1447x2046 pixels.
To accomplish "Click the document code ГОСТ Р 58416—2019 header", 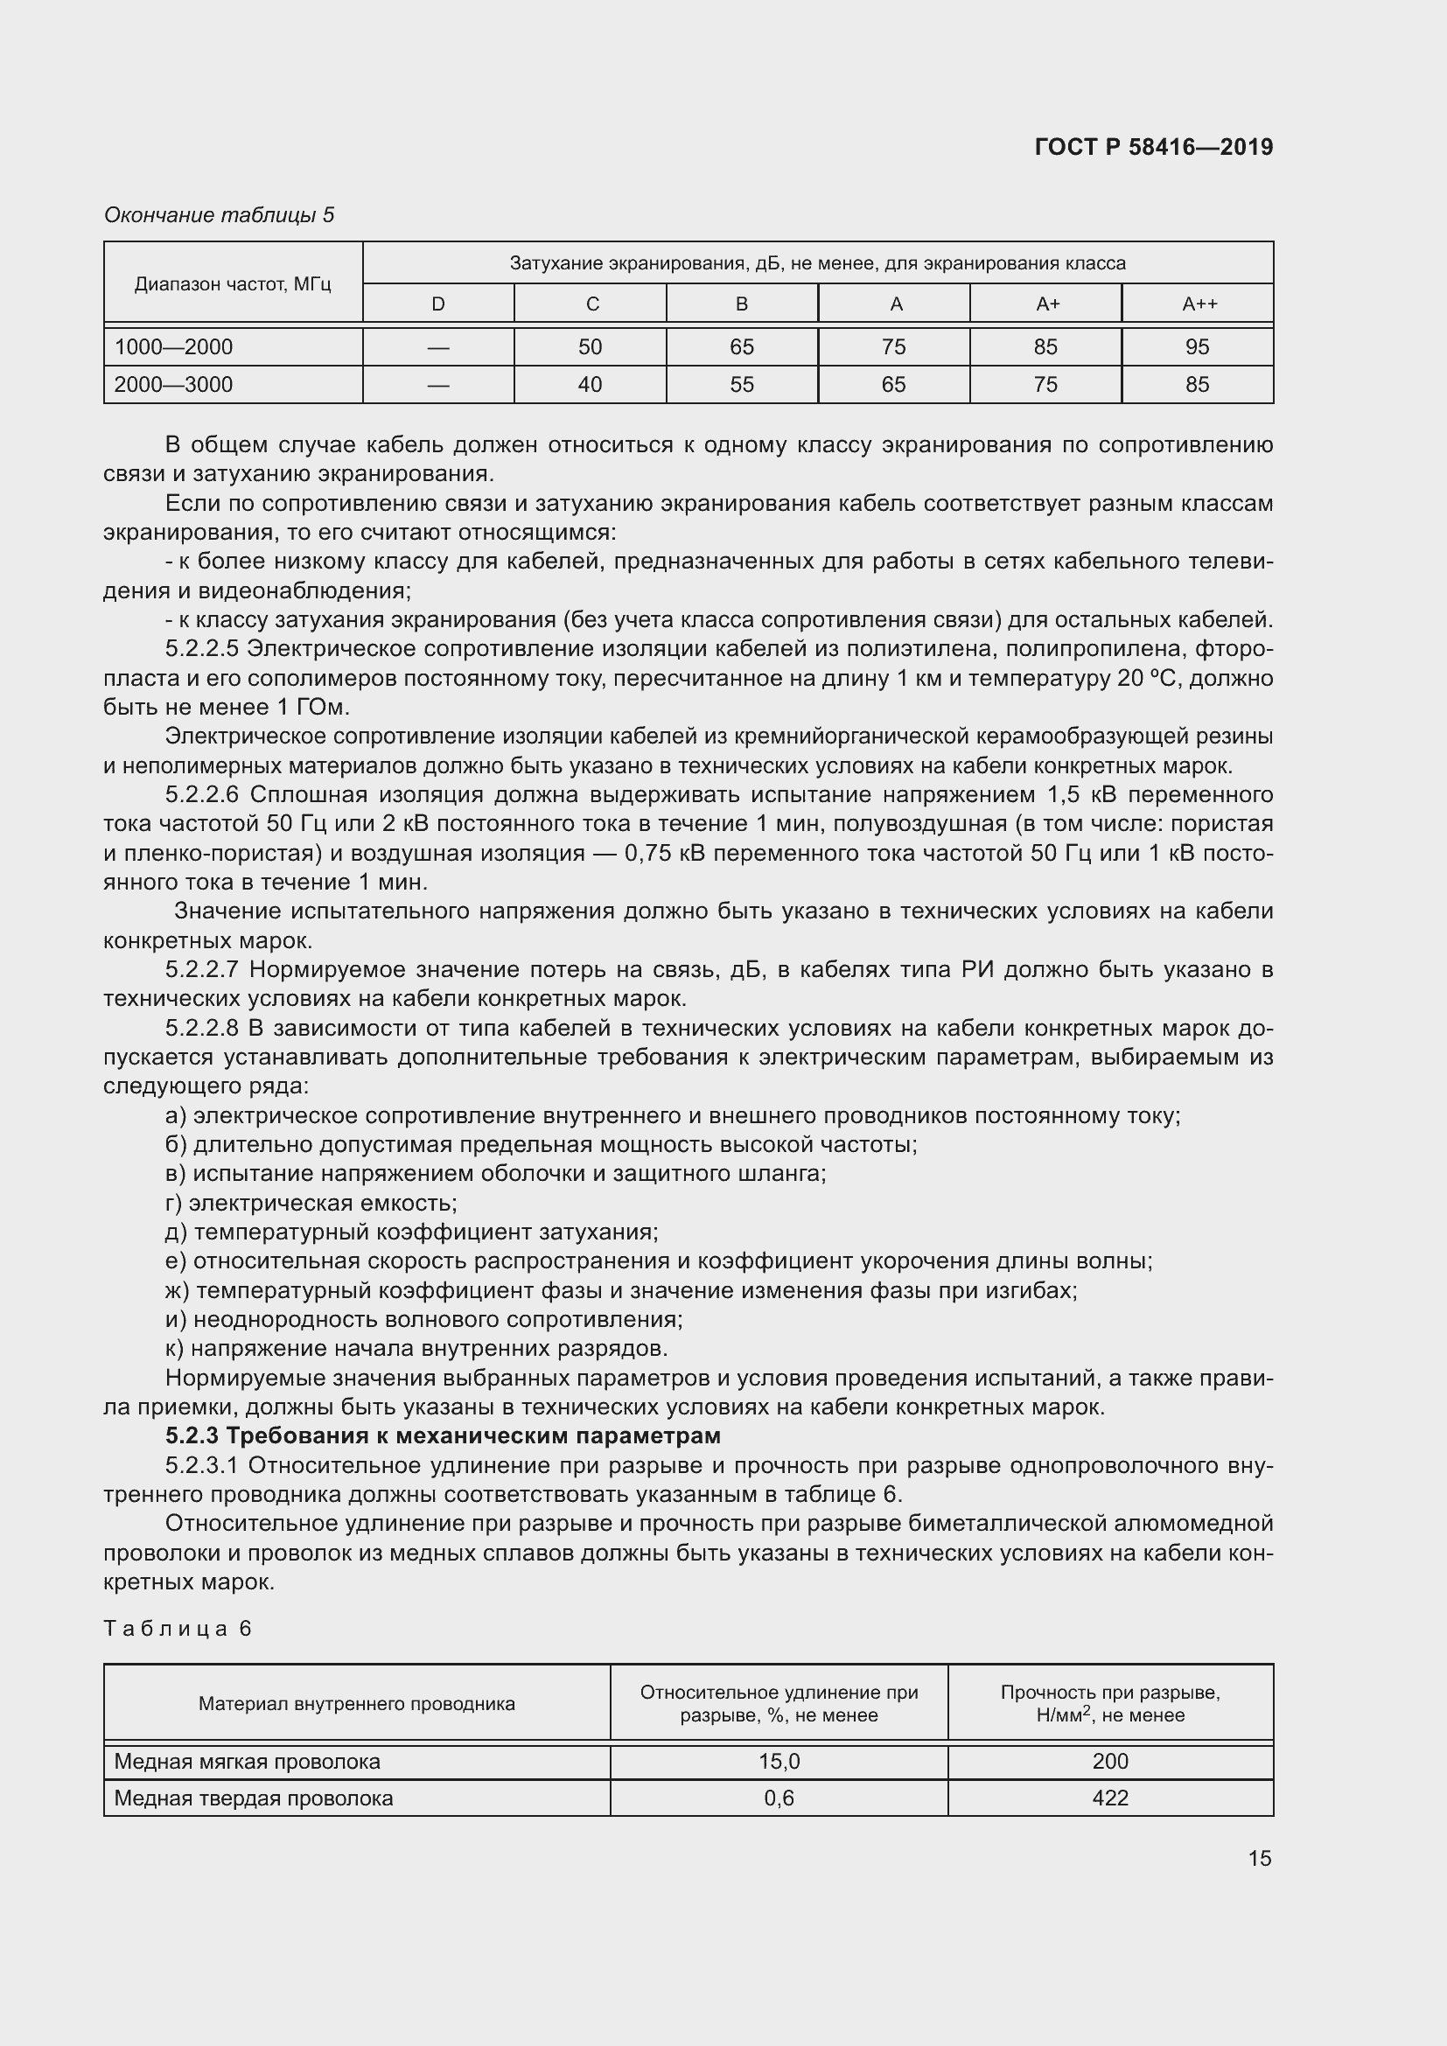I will coord(1154,147).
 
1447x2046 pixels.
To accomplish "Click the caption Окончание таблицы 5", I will coord(220,215).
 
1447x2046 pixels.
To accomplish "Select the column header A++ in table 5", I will coord(1199,304).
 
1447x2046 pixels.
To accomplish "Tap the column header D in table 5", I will coord(437,304).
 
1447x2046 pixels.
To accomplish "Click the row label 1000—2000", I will coord(173,346).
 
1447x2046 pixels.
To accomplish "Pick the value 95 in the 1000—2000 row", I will coord(1197,346).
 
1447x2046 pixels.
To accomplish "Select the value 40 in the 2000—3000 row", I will coord(590,385).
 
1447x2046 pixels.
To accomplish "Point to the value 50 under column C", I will coord(590,346).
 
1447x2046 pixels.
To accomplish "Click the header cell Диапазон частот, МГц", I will coord(233,284).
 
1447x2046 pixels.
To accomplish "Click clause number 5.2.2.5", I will coord(201,649).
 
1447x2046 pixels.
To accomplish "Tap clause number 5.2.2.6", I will coord(201,794).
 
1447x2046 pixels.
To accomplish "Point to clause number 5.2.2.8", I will coord(201,1029).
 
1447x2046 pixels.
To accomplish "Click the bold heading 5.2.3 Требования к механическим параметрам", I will coord(443,1435).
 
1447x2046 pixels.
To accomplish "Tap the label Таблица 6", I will coord(178,1629).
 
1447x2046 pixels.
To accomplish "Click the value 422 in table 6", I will coord(1110,1798).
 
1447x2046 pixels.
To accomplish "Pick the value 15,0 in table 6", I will coord(779,1761).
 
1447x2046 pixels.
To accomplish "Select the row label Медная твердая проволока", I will coord(253,1798).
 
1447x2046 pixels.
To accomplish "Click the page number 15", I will coord(1259,1858).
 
